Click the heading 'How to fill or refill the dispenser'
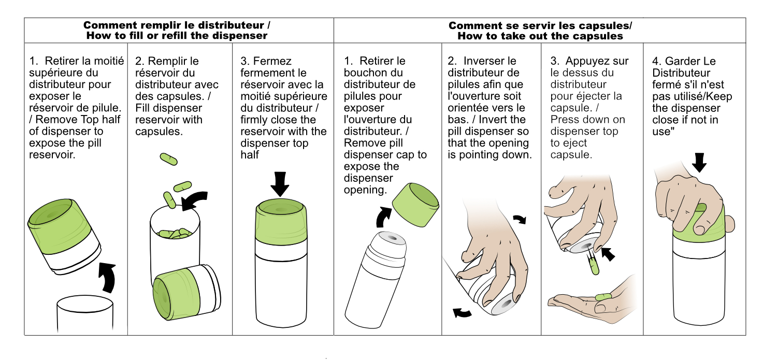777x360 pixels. pyautogui.click(x=177, y=36)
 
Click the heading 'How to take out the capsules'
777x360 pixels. pyautogui.click(x=540, y=36)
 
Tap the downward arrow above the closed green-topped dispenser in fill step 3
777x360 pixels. pyautogui.click(x=280, y=184)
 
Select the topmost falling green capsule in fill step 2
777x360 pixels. pyautogui.click(x=168, y=159)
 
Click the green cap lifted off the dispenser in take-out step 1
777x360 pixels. pyautogui.click(x=415, y=205)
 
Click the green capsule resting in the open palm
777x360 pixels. pyautogui.click(x=603, y=297)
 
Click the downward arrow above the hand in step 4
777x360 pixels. pyautogui.click(x=699, y=163)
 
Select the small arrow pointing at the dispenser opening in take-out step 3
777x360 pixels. pyautogui.click(x=608, y=254)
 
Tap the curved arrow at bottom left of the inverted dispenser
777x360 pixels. pyautogui.click(x=462, y=313)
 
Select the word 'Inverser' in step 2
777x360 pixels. pyautogui.click(x=490, y=61)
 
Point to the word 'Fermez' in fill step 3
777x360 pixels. pyautogui.click(x=272, y=61)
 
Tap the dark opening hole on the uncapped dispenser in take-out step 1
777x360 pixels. pyautogui.click(x=392, y=238)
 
